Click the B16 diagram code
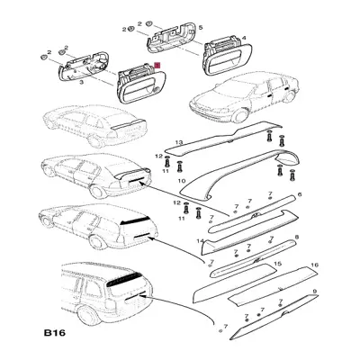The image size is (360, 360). tap(55, 333)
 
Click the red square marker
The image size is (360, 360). tap(157, 65)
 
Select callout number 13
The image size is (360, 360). tap(179, 142)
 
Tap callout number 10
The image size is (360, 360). tap(182, 181)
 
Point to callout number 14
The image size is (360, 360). tap(200, 241)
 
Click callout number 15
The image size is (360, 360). tap(278, 264)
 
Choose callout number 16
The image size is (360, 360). tap(315, 265)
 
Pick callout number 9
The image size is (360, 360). tap(315, 291)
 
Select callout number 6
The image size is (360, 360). tap(300, 194)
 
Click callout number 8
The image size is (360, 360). tap(297, 238)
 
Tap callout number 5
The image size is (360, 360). tap(201, 28)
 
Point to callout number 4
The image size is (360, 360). tap(244, 38)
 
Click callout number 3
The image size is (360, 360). tap(81, 82)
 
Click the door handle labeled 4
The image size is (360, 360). tap(228, 58)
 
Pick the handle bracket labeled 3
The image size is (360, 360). tap(84, 66)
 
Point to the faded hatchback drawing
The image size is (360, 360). tap(94, 126)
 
